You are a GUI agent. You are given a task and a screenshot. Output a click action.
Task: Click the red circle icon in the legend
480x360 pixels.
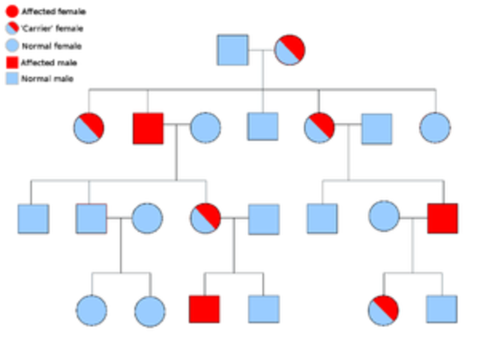(x=11, y=11)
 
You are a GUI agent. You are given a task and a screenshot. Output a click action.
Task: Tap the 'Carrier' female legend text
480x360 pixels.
(x=52, y=28)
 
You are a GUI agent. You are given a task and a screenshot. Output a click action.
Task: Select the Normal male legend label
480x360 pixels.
(x=47, y=79)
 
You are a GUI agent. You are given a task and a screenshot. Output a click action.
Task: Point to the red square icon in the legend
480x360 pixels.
(x=11, y=61)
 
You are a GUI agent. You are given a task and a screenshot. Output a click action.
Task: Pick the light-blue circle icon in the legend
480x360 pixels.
(x=11, y=45)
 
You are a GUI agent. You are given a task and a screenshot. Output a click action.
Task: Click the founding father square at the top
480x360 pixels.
(x=232, y=49)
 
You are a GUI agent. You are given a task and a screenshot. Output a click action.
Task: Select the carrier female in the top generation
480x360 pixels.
(x=289, y=49)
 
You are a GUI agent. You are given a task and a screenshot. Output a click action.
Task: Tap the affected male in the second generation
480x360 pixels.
(x=148, y=127)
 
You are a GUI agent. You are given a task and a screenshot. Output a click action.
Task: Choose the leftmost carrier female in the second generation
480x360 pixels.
(x=89, y=127)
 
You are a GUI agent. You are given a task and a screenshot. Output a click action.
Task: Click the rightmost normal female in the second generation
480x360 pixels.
(x=435, y=127)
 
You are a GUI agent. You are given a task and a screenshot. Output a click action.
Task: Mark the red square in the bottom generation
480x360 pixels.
(x=204, y=309)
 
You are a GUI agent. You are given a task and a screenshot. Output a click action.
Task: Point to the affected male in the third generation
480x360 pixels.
(x=442, y=218)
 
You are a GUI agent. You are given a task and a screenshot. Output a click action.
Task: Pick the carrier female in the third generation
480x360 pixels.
(x=205, y=218)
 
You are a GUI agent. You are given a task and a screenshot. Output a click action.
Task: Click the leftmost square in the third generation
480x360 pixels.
(x=33, y=218)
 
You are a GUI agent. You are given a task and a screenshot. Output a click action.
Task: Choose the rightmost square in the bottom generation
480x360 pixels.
(x=442, y=309)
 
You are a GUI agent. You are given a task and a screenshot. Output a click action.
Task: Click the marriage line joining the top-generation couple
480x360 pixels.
(x=261, y=49)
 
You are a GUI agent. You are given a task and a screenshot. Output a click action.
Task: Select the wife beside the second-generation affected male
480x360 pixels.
(x=205, y=127)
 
